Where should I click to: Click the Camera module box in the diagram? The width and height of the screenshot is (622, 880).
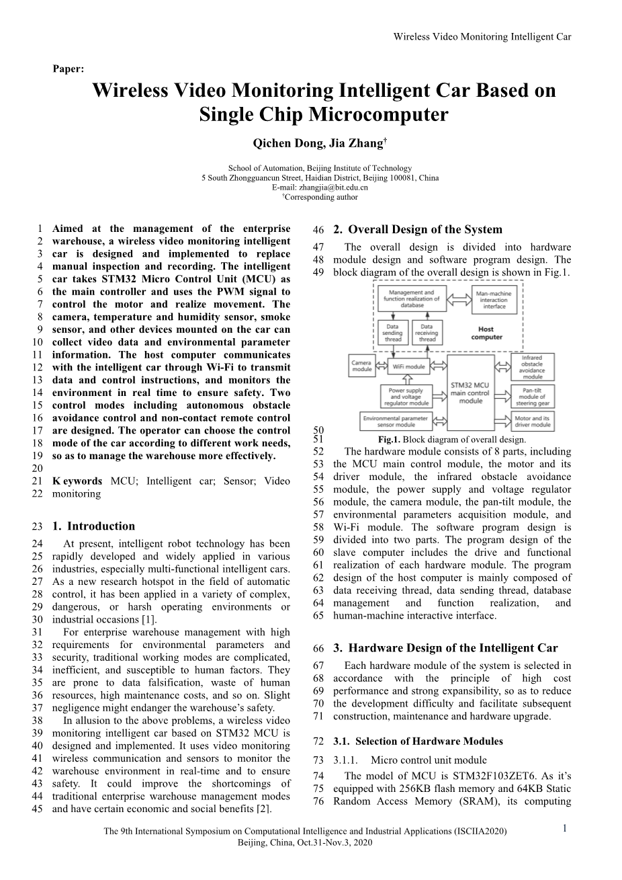tap(362, 366)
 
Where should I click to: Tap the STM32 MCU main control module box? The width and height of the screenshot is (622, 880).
tap(470, 392)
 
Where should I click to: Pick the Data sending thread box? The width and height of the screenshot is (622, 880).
tap(392, 333)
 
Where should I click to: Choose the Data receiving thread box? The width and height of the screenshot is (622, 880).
tap(427, 333)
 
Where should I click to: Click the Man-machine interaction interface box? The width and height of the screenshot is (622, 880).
tap(493, 298)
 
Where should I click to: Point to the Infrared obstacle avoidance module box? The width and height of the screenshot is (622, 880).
tap(532, 366)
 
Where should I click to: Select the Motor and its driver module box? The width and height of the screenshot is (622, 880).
tap(532, 422)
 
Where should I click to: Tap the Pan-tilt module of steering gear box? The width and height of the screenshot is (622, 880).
tap(532, 395)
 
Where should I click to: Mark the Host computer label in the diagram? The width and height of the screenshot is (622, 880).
tap(486, 333)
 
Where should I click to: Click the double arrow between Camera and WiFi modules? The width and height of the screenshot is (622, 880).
tap(382, 366)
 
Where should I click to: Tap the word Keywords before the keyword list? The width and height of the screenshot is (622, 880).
tap(77, 481)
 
